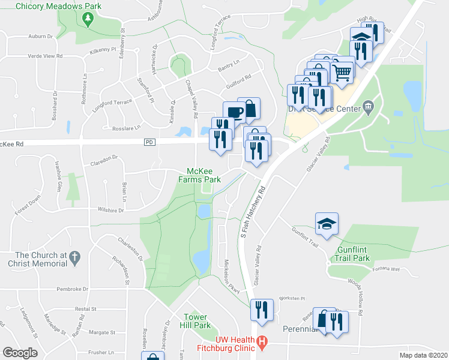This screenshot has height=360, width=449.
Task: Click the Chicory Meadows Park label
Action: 58,6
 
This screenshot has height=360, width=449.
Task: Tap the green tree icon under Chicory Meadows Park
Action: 88,20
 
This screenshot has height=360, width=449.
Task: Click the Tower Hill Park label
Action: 196,321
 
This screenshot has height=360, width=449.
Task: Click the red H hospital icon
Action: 262,343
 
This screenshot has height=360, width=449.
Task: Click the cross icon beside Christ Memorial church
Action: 74,258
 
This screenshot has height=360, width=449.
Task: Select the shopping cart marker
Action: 342,73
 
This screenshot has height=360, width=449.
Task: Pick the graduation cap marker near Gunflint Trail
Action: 327,224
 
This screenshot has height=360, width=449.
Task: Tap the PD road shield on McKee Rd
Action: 150,142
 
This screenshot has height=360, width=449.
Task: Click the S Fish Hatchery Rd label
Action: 253,214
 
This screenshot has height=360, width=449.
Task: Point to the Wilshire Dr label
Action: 110,211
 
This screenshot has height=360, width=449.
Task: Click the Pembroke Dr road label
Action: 72,289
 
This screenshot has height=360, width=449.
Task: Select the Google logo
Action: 20,352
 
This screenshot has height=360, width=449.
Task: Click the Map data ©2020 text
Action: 423,355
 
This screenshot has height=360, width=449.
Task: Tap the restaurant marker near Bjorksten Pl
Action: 262,310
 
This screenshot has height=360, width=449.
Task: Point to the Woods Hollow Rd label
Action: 361,296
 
